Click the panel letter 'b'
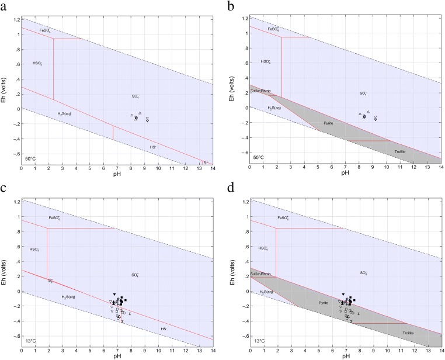pos(231,4)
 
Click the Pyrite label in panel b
pos(330,123)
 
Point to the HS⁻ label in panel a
pos(153,147)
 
